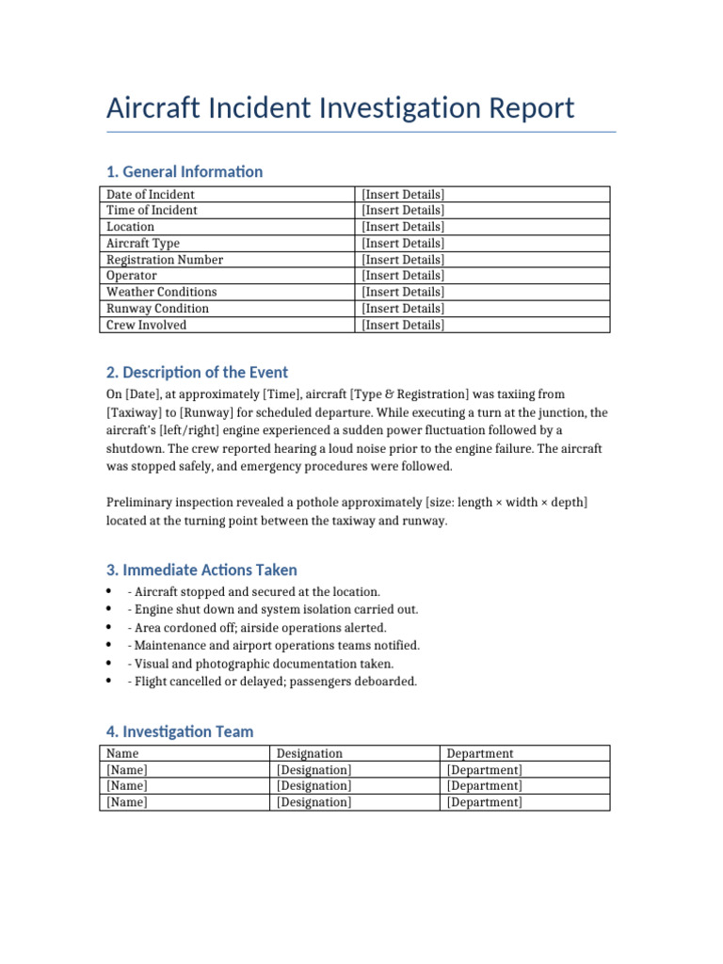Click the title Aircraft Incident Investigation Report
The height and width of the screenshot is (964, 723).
coord(340,108)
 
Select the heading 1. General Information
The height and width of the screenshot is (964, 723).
coord(185,171)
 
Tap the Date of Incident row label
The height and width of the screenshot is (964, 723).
coord(151,194)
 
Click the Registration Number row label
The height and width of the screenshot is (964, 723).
coord(165,260)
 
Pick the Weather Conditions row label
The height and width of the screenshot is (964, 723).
coord(161,292)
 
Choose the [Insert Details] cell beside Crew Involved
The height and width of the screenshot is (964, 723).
coord(403,325)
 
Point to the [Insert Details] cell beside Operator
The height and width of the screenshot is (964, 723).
coord(403,276)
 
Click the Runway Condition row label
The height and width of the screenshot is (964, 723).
coord(157,309)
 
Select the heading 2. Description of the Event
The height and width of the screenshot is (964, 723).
coord(198,372)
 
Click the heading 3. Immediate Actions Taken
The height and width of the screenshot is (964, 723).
coord(201,570)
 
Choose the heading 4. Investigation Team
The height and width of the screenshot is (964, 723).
coord(180,731)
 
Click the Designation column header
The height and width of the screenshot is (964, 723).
coord(310,753)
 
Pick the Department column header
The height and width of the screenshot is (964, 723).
coord(480,753)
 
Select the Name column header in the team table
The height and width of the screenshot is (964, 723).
coord(122,753)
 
